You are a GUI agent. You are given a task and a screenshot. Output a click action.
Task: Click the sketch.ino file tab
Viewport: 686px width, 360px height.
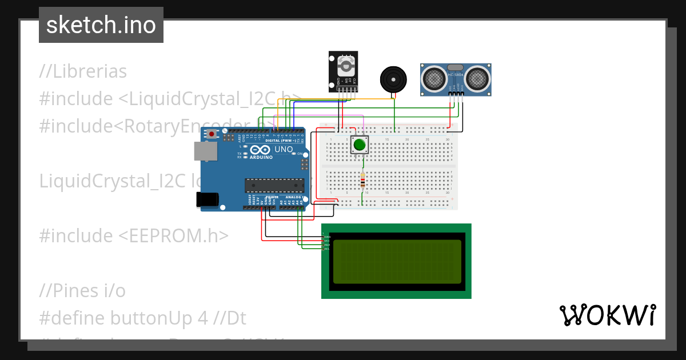pos(101,25)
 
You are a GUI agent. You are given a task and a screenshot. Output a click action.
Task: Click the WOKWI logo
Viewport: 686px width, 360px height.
pos(607,315)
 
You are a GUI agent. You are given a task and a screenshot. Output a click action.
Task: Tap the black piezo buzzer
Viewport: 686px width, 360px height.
pos(394,78)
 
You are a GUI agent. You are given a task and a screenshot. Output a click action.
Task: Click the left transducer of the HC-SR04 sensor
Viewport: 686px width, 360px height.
pos(434,78)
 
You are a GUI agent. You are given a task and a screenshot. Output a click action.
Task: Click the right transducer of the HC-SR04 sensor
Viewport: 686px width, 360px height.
pos(477,78)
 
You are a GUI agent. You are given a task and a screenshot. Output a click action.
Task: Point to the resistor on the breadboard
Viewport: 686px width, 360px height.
pos(362,182)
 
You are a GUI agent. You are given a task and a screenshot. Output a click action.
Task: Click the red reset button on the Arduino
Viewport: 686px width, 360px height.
pos(212,134)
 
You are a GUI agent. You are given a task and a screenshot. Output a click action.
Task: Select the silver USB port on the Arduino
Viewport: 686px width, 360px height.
pos(205,151)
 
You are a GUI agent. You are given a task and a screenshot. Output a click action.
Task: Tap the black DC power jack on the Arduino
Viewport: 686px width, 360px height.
pos(207,199)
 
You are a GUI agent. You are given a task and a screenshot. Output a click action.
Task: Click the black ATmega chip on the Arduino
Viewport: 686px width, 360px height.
pos(274,185)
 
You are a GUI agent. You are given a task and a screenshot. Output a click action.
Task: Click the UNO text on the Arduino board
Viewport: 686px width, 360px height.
pos(284,150)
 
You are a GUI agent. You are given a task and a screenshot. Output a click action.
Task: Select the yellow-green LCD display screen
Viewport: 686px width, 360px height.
pos(397,261)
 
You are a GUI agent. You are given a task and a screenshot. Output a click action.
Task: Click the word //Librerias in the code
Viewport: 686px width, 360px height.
pos(83,71)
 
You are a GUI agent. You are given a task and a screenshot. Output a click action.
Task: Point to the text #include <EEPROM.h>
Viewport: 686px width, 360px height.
pos(134,235)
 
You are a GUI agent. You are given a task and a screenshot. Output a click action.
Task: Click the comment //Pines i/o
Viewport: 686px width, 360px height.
pos(82,290)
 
